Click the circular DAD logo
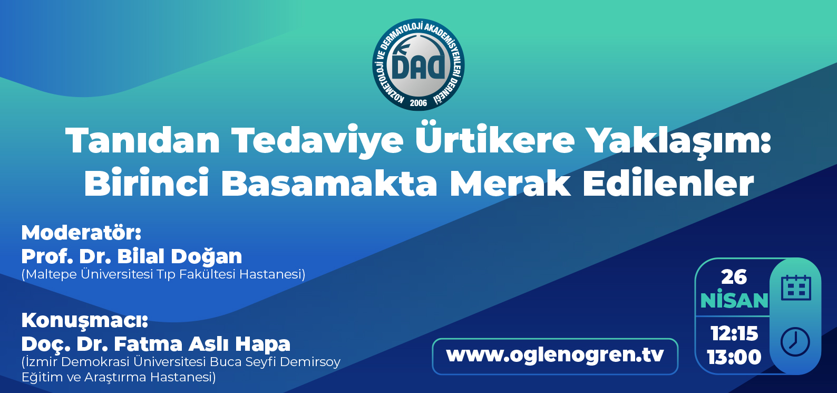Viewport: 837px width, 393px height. point(418,65)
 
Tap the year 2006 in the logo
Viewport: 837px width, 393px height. point(418,103)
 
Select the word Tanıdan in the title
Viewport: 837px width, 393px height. point(142,140)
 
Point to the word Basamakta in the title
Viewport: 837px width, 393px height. point(329,183)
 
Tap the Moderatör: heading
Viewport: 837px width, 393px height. point(81,233)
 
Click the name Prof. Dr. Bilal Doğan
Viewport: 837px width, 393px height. point(132,256)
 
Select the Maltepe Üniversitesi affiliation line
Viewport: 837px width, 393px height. point(163,274)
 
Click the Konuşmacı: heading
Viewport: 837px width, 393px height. point(85,320)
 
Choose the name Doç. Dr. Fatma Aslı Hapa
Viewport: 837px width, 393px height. point(156,344)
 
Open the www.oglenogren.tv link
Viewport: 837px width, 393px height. point(555,354)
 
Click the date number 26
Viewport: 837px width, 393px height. point(734,277)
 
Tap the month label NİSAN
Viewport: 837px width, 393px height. point(734,300)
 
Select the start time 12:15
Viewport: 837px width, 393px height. point(734,333)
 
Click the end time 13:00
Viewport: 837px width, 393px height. point(734,357)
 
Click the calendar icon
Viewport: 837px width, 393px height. point(796,288)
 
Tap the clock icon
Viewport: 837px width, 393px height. point(795,342)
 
